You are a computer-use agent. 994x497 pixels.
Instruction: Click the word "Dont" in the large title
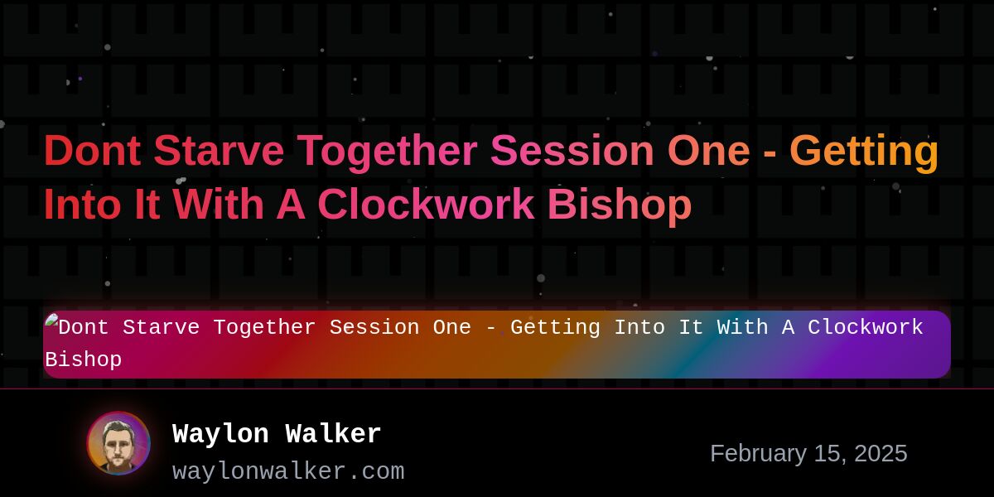pyautogui.click(x=92, y=151)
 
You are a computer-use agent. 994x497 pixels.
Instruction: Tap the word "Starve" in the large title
pyautogui.click(x=219, y=151)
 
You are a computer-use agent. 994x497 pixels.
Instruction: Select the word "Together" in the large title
pyautogui.click(x=387, y=153)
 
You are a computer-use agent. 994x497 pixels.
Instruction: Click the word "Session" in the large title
pyautogui.click(x=572, y=151)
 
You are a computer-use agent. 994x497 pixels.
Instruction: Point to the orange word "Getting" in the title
pyautogui.click(x=864, y=153)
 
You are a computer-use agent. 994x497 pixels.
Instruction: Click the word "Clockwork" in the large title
pyautogui.click(x=426, y=204)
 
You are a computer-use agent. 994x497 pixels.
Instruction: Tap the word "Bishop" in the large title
pyautogui.click(x=620, y=206)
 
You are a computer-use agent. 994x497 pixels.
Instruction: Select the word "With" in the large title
pyautogui.click(x=218, y=204)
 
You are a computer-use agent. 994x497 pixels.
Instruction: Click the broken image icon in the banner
pyautogui.click(x=51, y=321)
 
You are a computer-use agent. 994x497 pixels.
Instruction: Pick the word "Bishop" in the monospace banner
pyautogui.click(x=84, y=359)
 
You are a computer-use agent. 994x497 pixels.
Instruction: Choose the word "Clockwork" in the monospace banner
pyautogui.click(x=866, y=327)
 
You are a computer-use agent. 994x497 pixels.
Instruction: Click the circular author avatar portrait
pyautogui.click(x=118, y=443)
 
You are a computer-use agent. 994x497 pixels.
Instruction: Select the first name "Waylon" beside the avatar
pyautogui.click(x=220, y=433)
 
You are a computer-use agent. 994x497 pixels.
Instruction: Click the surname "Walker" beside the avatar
pyautogui.click(x=333, y=433)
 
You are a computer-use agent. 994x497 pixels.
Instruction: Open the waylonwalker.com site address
pyautogui.click(x=288, y=471)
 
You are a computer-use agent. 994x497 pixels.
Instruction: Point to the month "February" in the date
pyautogui.click(x=759, y=454)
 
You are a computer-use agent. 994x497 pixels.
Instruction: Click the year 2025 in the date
pyautogui.click(x=881, y=454)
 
